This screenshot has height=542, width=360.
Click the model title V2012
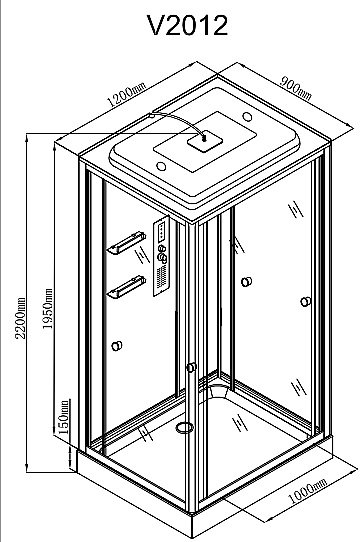188,25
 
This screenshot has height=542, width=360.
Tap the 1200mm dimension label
126,94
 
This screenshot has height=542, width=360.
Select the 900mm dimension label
296,88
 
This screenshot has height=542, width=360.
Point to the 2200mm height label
21,318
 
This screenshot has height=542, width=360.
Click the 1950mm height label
47,309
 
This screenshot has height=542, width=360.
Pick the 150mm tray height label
64,417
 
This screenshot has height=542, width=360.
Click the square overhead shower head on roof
205,140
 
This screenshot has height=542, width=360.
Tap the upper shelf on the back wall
126,243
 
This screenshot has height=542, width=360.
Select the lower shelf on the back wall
126,287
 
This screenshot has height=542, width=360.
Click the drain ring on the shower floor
185,428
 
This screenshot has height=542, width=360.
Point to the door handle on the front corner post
191,367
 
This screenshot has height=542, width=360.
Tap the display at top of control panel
161,232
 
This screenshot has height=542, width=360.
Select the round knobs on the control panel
162,253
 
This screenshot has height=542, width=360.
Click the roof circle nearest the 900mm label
247,116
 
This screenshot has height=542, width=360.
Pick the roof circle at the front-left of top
161,166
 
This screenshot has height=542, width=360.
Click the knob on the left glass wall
117,346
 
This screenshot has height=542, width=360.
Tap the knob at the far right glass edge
305,302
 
